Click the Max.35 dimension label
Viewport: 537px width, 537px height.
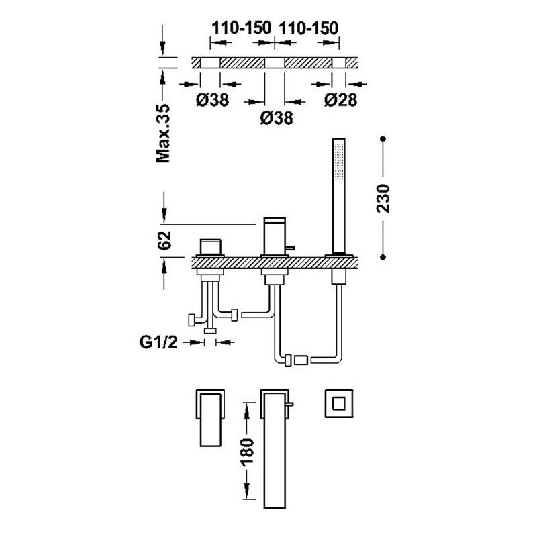coord(163,134)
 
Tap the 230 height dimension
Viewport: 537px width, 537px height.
coord(383,199)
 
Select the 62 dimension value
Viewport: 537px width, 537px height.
coord(164,241)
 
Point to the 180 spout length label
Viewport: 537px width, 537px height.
coord(247,452)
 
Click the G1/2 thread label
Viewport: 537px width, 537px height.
coord(158,342)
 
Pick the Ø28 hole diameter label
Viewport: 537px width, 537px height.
coord(340,99)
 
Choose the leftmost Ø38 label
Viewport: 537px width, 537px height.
coord(212,100)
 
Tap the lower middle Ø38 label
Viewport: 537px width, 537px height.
coord(277,118)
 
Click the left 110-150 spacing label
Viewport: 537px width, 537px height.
coord(242,28)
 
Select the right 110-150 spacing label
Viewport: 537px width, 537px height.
coord(309,28)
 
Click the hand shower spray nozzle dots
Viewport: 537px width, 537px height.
coord(339,160)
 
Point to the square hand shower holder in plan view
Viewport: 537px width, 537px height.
coord(339,403)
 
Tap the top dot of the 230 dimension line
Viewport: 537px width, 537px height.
coord(383,139)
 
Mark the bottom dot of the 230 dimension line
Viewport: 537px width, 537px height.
coord(383,257)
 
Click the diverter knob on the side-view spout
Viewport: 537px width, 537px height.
coord(290,248)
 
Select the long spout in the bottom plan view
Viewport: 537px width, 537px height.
coord(275,448)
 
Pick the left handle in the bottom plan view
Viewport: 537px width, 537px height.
coord(210,418)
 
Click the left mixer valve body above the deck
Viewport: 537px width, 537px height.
coord(210,247)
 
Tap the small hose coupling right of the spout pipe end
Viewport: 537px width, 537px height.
coord(301,360)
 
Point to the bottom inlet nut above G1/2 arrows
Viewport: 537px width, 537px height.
coord(210,331)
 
